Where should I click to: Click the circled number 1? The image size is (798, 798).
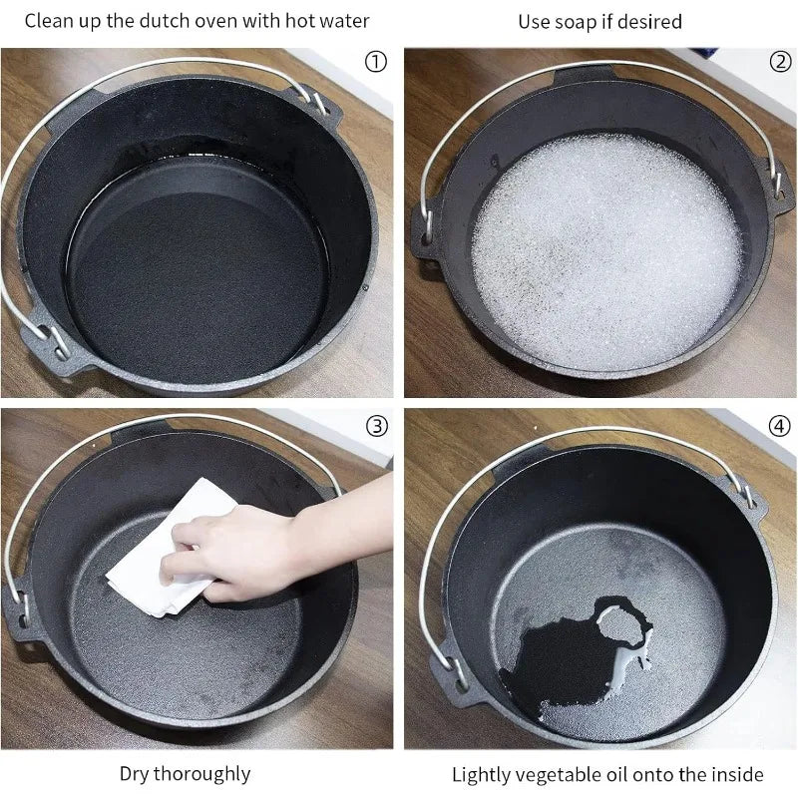point(376,62)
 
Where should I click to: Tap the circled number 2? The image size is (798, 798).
point(780,62)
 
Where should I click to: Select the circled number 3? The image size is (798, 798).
point(377,426)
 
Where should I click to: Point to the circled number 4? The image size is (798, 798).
point(780,426)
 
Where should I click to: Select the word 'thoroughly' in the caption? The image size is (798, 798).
point(202,774)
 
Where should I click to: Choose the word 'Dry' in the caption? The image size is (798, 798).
point(135,774)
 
